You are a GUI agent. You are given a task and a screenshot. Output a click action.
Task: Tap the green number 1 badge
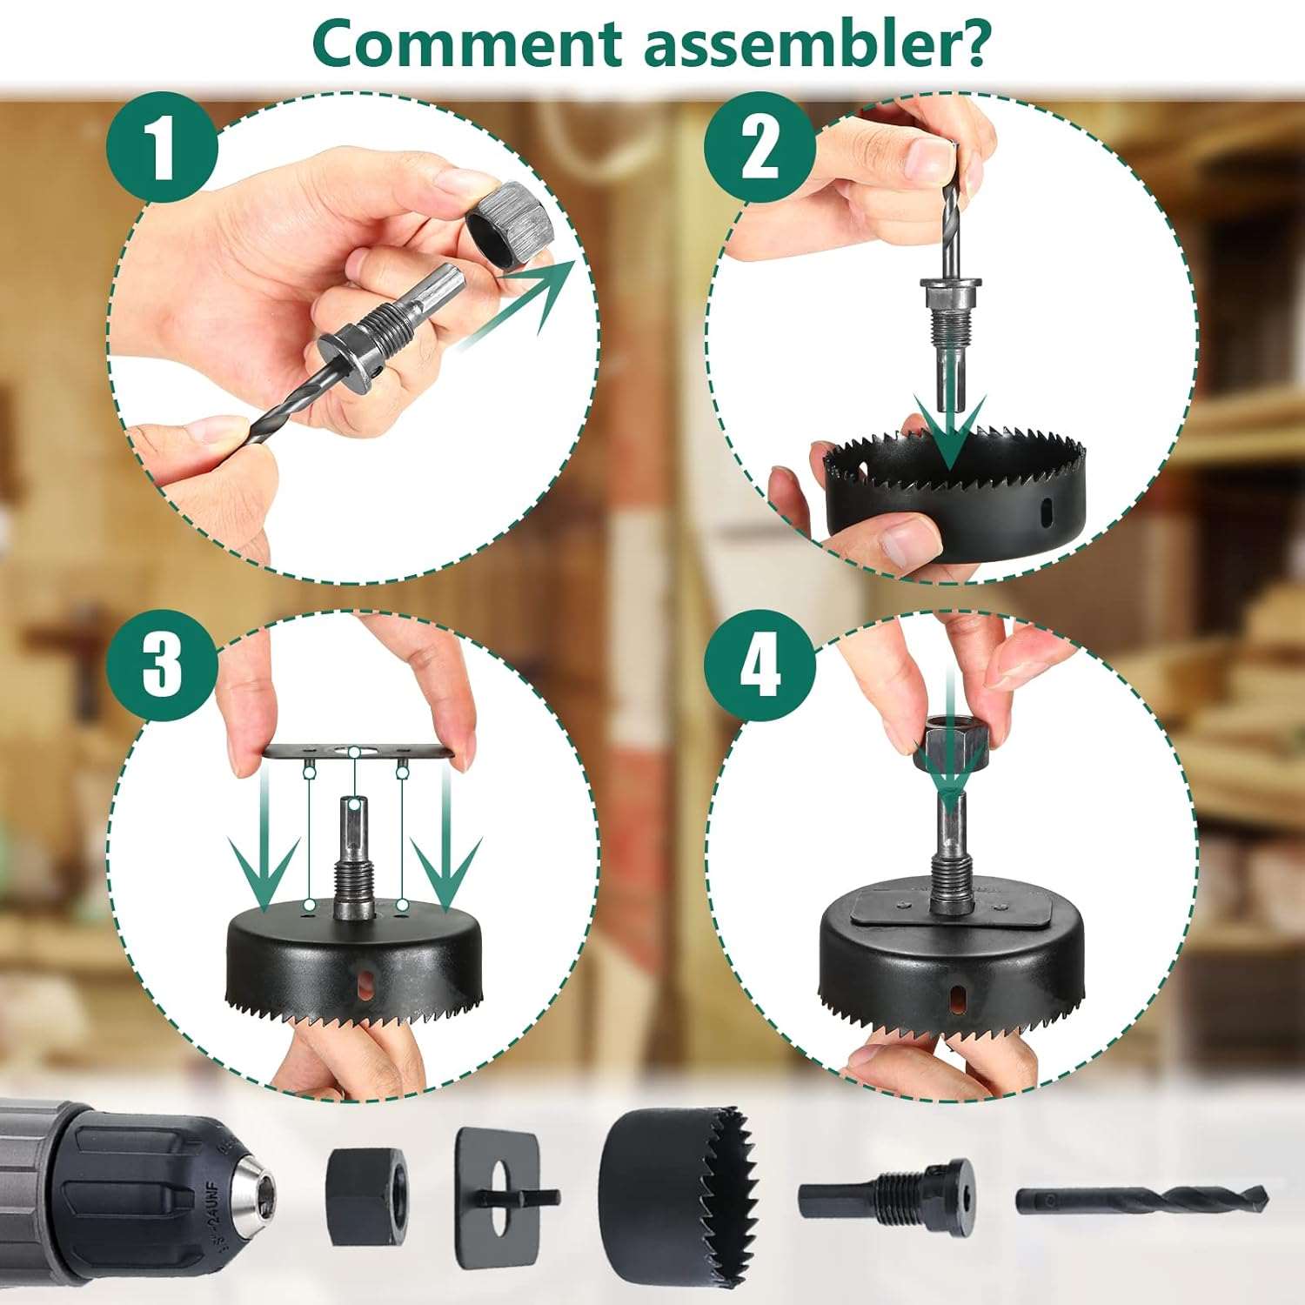(x=162, y=149)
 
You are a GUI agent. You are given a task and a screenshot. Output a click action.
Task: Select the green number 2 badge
(x=760, y=149)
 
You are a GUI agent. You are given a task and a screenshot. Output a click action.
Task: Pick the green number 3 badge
(x=162, y=666)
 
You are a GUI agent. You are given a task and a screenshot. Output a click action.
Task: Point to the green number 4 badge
(x=760, y=666)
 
